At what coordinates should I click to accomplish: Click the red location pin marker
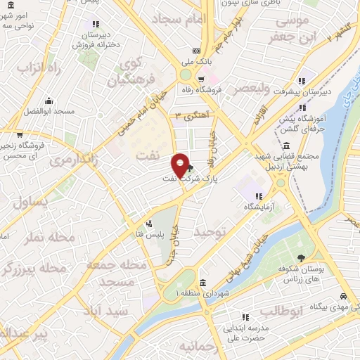(181, 165)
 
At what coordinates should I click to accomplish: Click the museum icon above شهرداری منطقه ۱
(202, 283)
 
